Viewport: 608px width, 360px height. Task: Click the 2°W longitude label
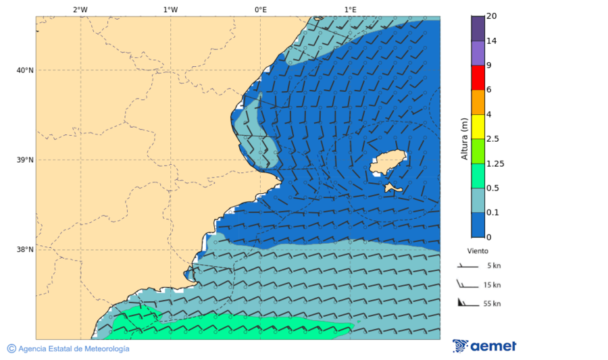click(x=80, y=9)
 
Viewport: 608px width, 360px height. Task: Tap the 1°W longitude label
click(x=170, y=9)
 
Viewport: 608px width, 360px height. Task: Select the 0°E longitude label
click(x=260, y=9)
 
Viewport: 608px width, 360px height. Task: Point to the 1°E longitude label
click(x=350, y=9)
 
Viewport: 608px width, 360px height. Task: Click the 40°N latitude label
click(x=24, y=70)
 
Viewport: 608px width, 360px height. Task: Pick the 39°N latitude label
click(x=24, y=160)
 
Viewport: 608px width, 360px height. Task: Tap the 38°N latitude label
click(x=24, y=249)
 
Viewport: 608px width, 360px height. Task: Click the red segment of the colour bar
click(x=478, y=78)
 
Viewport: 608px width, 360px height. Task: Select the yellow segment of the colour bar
click(x=478, y=126)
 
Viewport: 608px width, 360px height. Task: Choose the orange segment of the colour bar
click(x=478, y=102)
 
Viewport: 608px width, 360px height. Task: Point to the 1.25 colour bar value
click(x=495, y=163)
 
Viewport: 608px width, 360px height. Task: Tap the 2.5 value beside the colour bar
click(x=492, y=139)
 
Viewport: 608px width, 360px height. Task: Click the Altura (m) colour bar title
click(x=464, y=138)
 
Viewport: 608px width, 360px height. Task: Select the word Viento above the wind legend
click(x=478, y=250)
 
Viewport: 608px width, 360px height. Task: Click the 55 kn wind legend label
click(x=492, y=304)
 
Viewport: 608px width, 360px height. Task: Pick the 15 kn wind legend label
click(x=492, y=285)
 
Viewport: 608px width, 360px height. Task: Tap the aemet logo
click(x=484, y=346)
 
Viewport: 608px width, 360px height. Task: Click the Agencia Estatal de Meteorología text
click(x=74, y=349)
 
